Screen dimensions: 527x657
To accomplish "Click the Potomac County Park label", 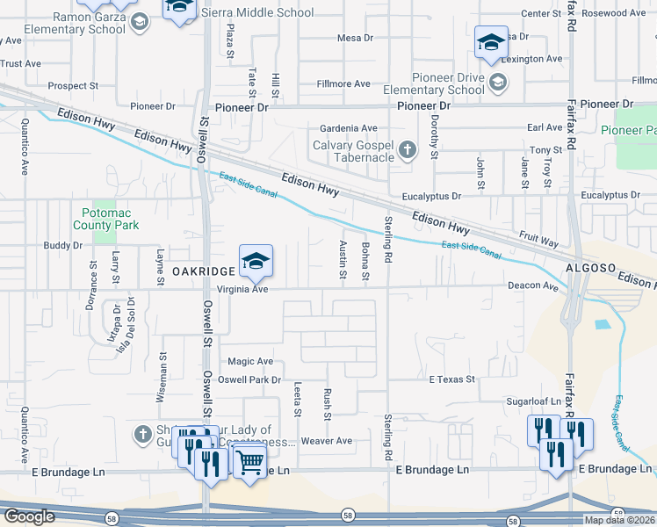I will tap(111, 219).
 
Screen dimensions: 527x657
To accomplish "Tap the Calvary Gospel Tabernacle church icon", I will tap(408, 150).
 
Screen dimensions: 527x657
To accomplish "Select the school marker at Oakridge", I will tap(256, 261).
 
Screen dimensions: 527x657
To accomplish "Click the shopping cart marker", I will tap(250, 459).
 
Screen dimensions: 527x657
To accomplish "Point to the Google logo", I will tap(29, 516).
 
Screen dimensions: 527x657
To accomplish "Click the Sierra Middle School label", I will tap(257, 13).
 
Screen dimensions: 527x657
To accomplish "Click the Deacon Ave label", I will tap(533, 286).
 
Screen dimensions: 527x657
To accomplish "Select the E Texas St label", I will tap(451, 379).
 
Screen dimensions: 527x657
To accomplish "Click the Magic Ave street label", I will tap(250, 361).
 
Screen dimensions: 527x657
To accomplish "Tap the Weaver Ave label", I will tap(326, 441).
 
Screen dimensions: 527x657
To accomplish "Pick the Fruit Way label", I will tap(538, 237).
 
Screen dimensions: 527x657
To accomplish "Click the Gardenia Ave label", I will tap(348, 128).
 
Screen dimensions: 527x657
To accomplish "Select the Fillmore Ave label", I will tap(344, 84).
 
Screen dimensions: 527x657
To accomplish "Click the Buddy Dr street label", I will tap(62, 246).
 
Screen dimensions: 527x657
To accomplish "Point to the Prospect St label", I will tap(73, 86).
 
